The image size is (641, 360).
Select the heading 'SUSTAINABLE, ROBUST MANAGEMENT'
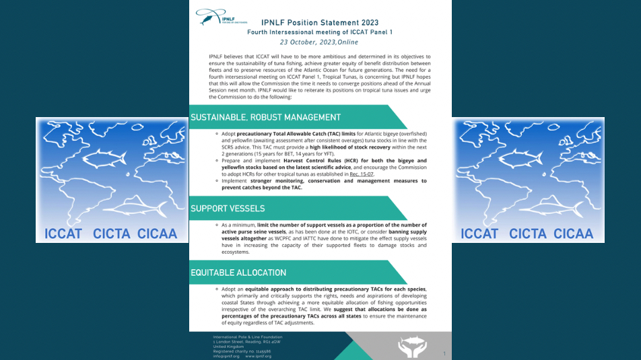(265, 117)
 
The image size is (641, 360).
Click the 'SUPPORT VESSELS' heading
(228, 208)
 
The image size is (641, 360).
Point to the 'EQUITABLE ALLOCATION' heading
(238, 273)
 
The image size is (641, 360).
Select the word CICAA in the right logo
(573, 233)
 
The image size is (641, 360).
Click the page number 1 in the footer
(444, 353)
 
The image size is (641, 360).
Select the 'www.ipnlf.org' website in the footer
(258, 356)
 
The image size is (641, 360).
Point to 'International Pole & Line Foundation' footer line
(247, 336)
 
